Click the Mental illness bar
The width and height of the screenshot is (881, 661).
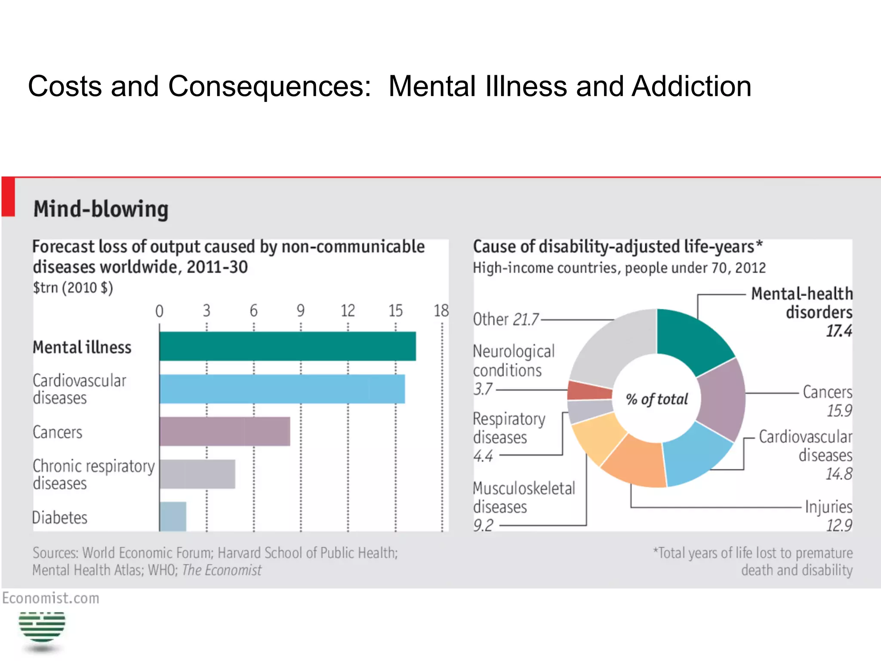coord(287,346)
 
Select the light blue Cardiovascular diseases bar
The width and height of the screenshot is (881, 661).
coord(282,389)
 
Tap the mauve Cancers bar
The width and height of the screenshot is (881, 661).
coord(225,431)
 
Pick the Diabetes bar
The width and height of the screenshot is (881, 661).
coord(173,516)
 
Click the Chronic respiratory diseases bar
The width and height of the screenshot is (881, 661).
coord(197,474)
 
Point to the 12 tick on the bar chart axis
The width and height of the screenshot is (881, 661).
coord(348,311)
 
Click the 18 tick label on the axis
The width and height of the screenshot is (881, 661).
coord(441,311)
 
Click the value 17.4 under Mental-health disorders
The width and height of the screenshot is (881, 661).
coord(838,330)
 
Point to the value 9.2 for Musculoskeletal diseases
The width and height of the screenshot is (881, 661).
coord(484,525)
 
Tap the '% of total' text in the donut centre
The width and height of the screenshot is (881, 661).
coord(657,399)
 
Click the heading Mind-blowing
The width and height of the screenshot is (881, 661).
coord(101,209)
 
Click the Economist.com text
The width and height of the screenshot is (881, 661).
coord(51,598)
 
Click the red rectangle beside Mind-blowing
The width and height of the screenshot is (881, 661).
coord(8,197)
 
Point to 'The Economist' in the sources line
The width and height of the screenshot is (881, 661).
coord(222,570)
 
